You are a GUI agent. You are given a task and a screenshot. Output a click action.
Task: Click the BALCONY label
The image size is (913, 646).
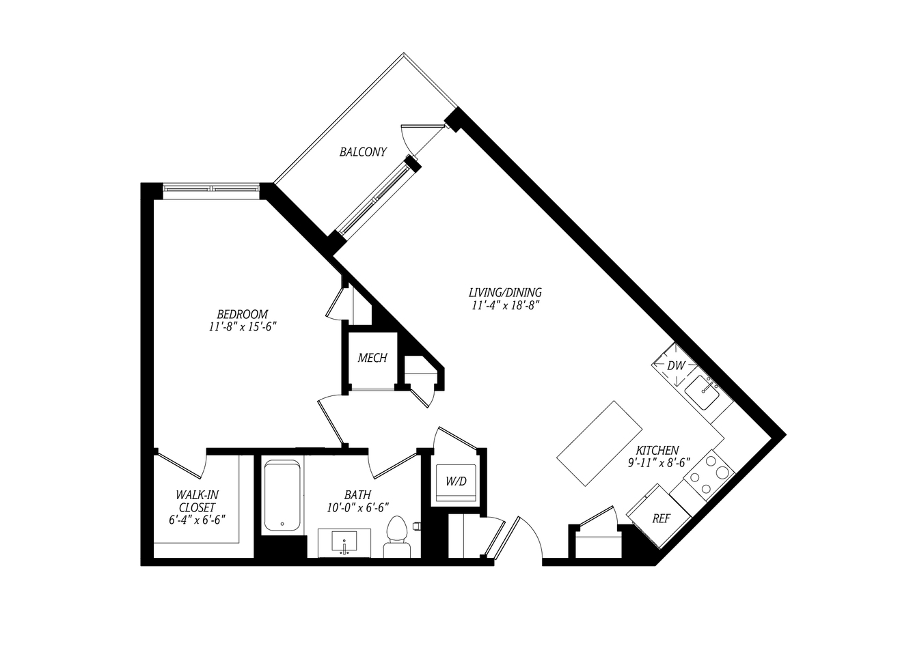tap(363, 152)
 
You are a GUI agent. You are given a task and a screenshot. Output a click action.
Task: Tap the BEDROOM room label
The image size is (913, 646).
tap(243, 314)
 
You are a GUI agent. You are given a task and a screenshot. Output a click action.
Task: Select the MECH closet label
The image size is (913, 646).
tap(372, 358)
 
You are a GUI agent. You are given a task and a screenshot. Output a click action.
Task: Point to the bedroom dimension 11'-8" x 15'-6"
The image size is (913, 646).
tap(243, 327)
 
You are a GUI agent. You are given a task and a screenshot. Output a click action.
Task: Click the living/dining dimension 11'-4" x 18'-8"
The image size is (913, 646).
tap(506, 305)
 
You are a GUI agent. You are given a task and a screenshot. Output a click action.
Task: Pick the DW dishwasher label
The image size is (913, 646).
tap(676, 366)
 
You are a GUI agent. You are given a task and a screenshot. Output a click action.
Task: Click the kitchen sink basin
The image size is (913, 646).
tap(701, 393)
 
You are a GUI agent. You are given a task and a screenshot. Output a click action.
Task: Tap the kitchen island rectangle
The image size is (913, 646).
tap(599, 443)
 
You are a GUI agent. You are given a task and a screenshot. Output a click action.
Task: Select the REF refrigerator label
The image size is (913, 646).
tap(661, 518)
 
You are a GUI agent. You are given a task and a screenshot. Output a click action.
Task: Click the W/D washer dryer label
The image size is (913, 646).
tap(456, 481)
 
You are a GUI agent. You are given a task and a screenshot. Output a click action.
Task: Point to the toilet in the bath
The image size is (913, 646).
tap(396, 537)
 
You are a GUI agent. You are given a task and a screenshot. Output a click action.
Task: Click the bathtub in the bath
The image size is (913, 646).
tap(282, 495)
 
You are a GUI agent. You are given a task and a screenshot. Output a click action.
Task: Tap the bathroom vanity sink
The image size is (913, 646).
tap(344, 543)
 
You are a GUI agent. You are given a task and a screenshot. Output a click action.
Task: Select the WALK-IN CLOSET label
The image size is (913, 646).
tap(197, 501)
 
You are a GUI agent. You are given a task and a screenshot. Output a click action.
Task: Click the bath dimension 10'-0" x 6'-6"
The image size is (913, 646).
tap(358, 507)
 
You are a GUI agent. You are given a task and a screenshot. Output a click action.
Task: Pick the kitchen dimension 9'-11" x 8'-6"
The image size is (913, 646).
tap(659, 463)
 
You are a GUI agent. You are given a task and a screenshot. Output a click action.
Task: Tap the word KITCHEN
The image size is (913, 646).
tap(657, 451)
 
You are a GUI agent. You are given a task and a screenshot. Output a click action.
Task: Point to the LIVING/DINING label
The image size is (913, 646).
tap(505, 292)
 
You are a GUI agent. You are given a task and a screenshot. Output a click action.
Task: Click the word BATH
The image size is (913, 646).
tap(358, 495)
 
